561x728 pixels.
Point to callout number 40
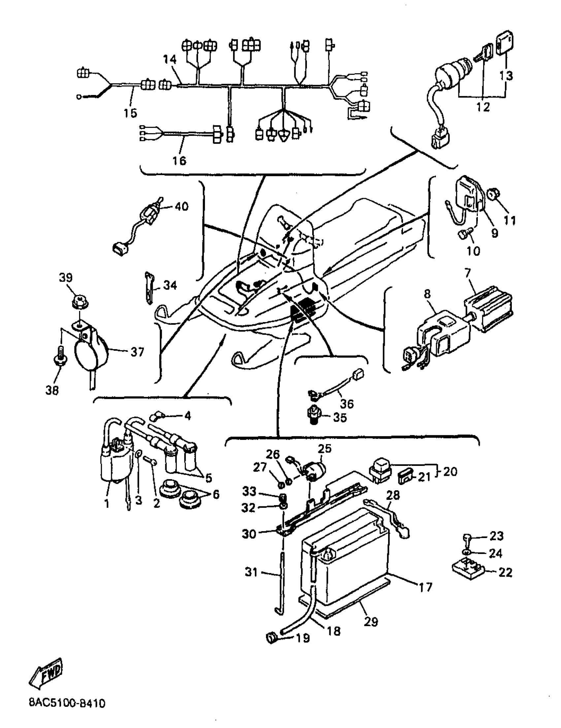(x=181, y=206)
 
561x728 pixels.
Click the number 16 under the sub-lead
(x=179, y=161)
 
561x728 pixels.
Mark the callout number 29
(x=371, y=622)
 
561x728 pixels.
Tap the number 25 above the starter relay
(x=324, y=448)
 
